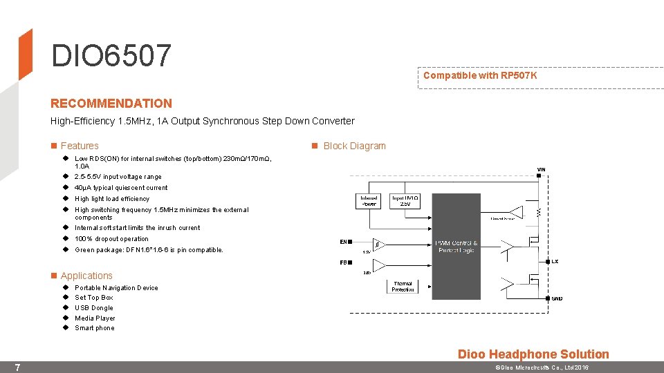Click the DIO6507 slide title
tap(111, 56)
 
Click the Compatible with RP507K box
tap(479, 75)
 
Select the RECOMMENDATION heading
tap(111, 104)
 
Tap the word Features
tap(80, 146)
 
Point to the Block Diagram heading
tap(354, 146)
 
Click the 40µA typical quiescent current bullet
tap(121, 188)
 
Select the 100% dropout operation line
tap(111, 239)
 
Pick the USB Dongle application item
tap(94, 308)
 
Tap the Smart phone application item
tap(95, 328)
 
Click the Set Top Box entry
tap(94, 298)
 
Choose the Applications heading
tap(86, 276)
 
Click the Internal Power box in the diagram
tap(369, 201)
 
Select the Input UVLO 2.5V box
tap(405, 201)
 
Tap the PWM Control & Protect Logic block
tap(456, 247)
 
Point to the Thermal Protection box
tap(403, 286)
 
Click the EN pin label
tap(343, 242)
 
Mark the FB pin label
tap(343, 262)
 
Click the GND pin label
tap(557, 298)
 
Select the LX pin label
tap(555, 261)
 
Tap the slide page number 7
tap(17, 367)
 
